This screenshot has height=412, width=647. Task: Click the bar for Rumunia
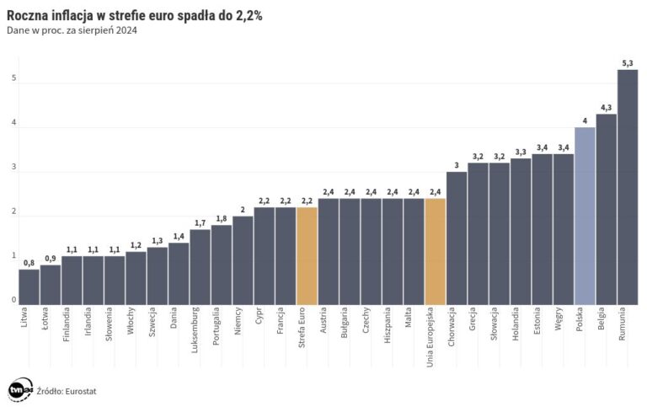(x=627, y=187)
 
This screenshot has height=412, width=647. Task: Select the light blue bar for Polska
(x=585, y=216)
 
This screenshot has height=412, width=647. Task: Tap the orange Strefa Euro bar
(x=307, y=256)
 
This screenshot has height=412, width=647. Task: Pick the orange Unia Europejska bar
(x=435, y=252)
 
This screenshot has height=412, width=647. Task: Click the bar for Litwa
(x=29, y=287)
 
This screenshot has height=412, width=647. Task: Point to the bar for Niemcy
(x=243, y=260)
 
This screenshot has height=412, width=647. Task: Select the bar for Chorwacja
(x=457, y=238)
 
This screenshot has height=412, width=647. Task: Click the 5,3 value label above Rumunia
(x=627, y=62)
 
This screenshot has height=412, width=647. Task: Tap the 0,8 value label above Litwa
(x=29, y=263)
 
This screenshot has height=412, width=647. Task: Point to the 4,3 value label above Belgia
(x=606, y=107)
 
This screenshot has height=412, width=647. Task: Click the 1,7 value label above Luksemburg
(x=200, y=222)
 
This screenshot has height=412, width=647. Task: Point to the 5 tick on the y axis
(x=13, y=78)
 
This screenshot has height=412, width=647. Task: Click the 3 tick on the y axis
(x=13, y=168)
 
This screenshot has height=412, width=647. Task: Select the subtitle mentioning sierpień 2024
(x=71, y=30)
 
